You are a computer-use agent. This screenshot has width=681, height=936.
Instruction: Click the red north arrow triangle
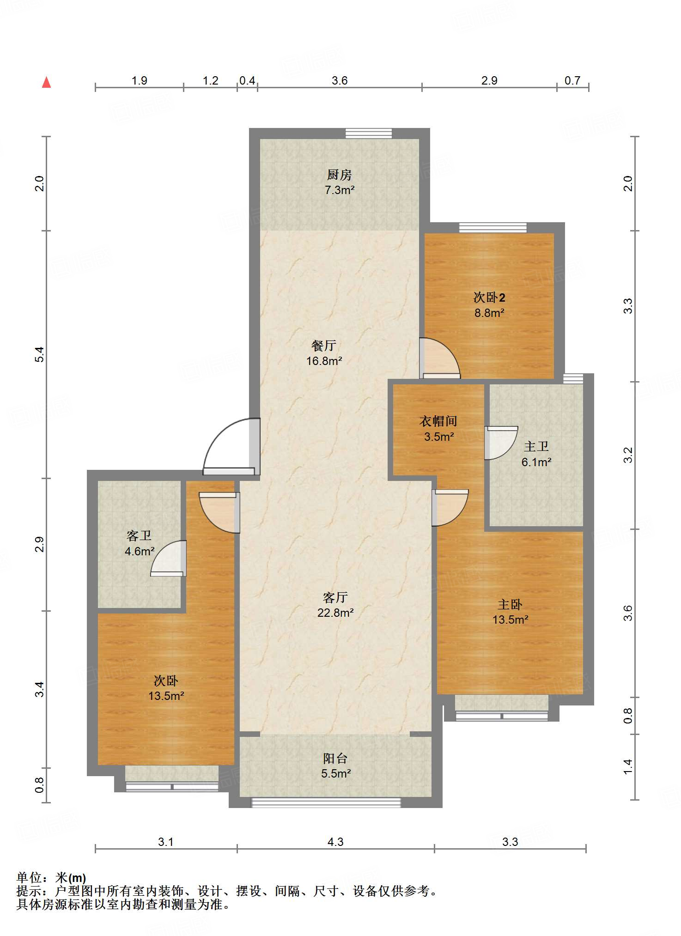coord(46,82)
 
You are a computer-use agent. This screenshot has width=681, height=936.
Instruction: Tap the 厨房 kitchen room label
coord(340,175)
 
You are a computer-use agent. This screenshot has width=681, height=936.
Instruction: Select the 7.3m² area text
coord(340,190)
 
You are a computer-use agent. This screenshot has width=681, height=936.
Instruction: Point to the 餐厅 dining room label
coord(324,345)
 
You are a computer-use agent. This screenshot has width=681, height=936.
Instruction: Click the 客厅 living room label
coord(335,597)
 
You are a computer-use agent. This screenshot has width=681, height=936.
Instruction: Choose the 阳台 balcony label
coord(335,758)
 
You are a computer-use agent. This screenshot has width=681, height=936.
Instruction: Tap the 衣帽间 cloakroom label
coord(438,421)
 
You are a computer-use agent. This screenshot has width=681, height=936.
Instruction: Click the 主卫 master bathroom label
coord(536,446)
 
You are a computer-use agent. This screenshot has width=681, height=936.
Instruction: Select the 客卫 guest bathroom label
coord(139,535)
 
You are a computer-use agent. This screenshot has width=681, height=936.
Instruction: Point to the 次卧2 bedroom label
coord(489,297)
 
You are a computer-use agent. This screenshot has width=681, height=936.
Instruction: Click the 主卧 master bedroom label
coord(510,604)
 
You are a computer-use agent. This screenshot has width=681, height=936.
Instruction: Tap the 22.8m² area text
coord(335,613)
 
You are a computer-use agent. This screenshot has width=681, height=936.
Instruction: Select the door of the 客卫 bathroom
coord(168,558)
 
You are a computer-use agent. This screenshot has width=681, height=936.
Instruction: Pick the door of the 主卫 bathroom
coord(501,443)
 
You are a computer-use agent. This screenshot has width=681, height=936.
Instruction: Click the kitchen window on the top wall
coord(369,133)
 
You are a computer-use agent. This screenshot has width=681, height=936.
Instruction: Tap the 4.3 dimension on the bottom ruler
coord(335,842)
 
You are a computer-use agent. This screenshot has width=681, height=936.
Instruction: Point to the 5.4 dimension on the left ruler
coord(40,354)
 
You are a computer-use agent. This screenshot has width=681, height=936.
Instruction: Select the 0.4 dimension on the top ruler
coord(247,80)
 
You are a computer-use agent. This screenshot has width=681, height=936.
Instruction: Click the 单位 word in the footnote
coord(29,877)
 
